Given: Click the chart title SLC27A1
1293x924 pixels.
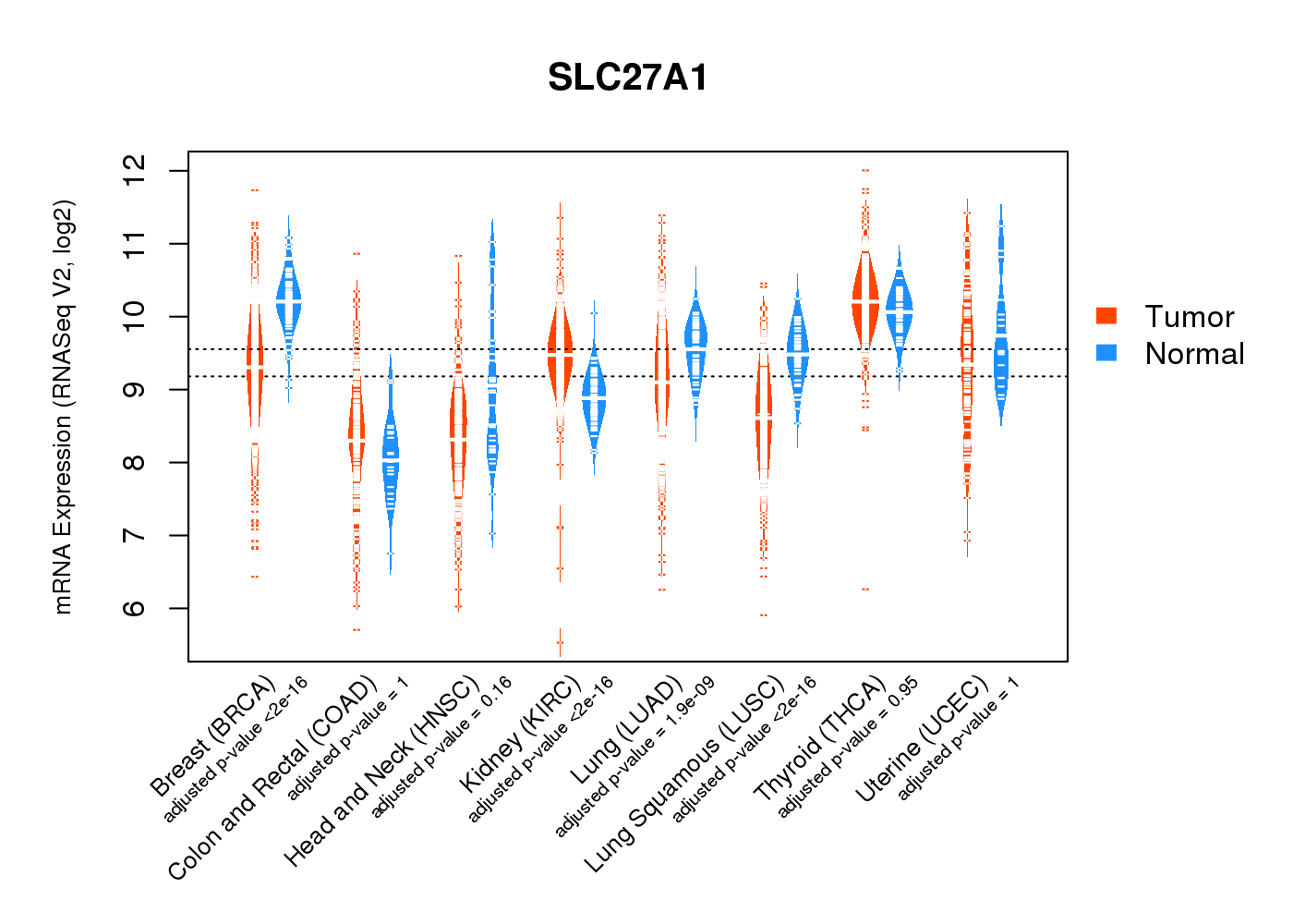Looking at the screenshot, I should (628, 78).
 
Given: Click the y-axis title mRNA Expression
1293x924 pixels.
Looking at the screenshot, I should (63, 407).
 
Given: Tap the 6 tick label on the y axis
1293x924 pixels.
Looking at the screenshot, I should (135, 608).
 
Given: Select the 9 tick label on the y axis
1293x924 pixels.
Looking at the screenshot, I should (135, 389).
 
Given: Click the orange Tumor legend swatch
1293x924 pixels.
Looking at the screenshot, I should (1106, 316).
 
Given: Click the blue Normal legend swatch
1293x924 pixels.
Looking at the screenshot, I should (1106, 352).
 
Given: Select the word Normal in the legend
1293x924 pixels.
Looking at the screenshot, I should (1194, 353).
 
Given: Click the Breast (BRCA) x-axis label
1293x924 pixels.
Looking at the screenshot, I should (213, 736).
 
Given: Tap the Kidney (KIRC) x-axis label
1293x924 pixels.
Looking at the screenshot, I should (520, 735).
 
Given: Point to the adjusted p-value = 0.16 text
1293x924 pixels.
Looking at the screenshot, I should (441, 748).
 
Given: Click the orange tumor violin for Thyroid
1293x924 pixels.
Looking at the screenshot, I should (865, 296).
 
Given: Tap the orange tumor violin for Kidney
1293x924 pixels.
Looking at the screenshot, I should (560, 356).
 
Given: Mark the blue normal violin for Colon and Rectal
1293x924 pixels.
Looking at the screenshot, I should (391, 462).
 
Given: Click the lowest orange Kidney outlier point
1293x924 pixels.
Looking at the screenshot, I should (560, 642).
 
